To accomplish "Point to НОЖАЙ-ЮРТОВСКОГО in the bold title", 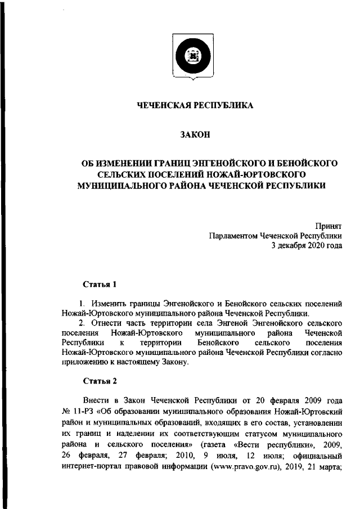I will [265, 174].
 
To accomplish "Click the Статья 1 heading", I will [100, 285].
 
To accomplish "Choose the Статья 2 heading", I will [100, 381].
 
